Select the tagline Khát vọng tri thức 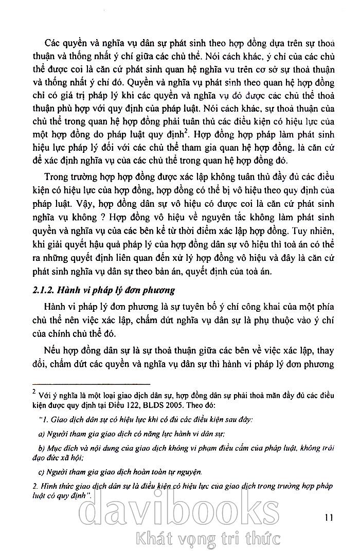click(x=206, y=538)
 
